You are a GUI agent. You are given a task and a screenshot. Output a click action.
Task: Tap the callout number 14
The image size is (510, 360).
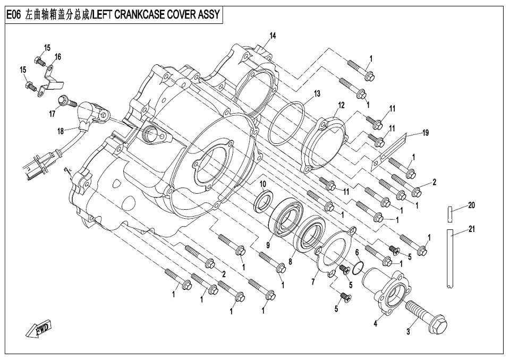[273, 36]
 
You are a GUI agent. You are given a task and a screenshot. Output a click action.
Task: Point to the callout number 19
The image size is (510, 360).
[425, 133]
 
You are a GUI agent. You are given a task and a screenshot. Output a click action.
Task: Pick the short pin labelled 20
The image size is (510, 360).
[450, 215]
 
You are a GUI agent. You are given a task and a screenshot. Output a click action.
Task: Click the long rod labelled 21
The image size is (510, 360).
[450, 260]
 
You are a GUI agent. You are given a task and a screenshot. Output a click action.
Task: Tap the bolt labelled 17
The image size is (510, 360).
[67, 101]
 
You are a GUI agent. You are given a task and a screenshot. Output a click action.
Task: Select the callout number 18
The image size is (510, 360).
[61, 131]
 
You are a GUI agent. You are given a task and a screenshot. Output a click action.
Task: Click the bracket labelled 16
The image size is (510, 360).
[48, 79]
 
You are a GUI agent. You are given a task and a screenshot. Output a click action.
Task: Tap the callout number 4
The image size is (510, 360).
[376, 324]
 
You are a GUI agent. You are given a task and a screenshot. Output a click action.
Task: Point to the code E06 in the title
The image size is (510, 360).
[13, 15]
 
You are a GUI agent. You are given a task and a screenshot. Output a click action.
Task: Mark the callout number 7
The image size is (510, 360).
[313, 281]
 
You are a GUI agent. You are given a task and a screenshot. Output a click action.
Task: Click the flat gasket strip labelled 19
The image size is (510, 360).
[389, 151]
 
